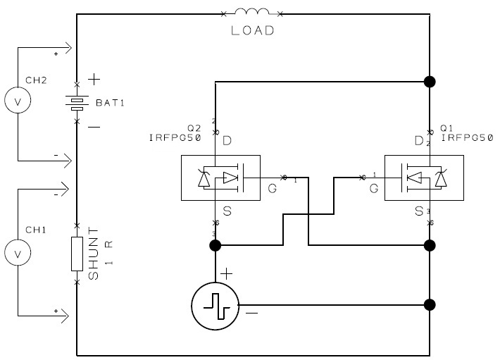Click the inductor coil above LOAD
coord(252,12)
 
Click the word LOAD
coord(252,30)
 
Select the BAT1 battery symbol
coord(77,103)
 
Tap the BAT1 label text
coord(110,103)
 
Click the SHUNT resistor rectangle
coord(77,254)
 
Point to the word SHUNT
coord(93,254)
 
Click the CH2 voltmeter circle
coord(18,100)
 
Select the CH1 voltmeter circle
coord(18,252)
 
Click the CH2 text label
coord(36,80)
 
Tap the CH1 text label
coord(36,230)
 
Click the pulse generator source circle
coord(215,306)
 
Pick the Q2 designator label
coord(194,128)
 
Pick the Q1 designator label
coord(446,128)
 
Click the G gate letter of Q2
coord(272,188)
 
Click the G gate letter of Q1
coord(374,188)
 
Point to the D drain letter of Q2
coord(227,141)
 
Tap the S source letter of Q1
coord(419,211)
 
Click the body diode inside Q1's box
coord(441,178)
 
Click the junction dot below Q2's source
coord(215,246)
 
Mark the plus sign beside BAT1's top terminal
coord(94,79)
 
